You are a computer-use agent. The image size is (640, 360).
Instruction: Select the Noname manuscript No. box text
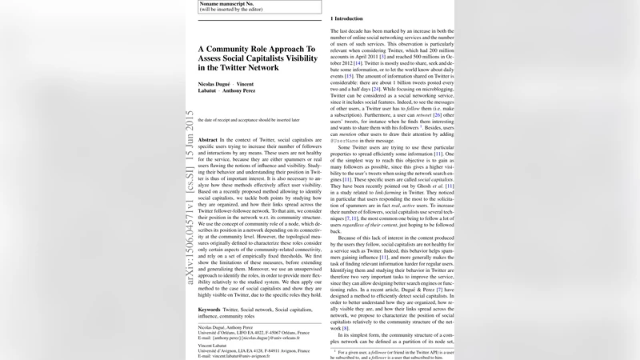223,3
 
